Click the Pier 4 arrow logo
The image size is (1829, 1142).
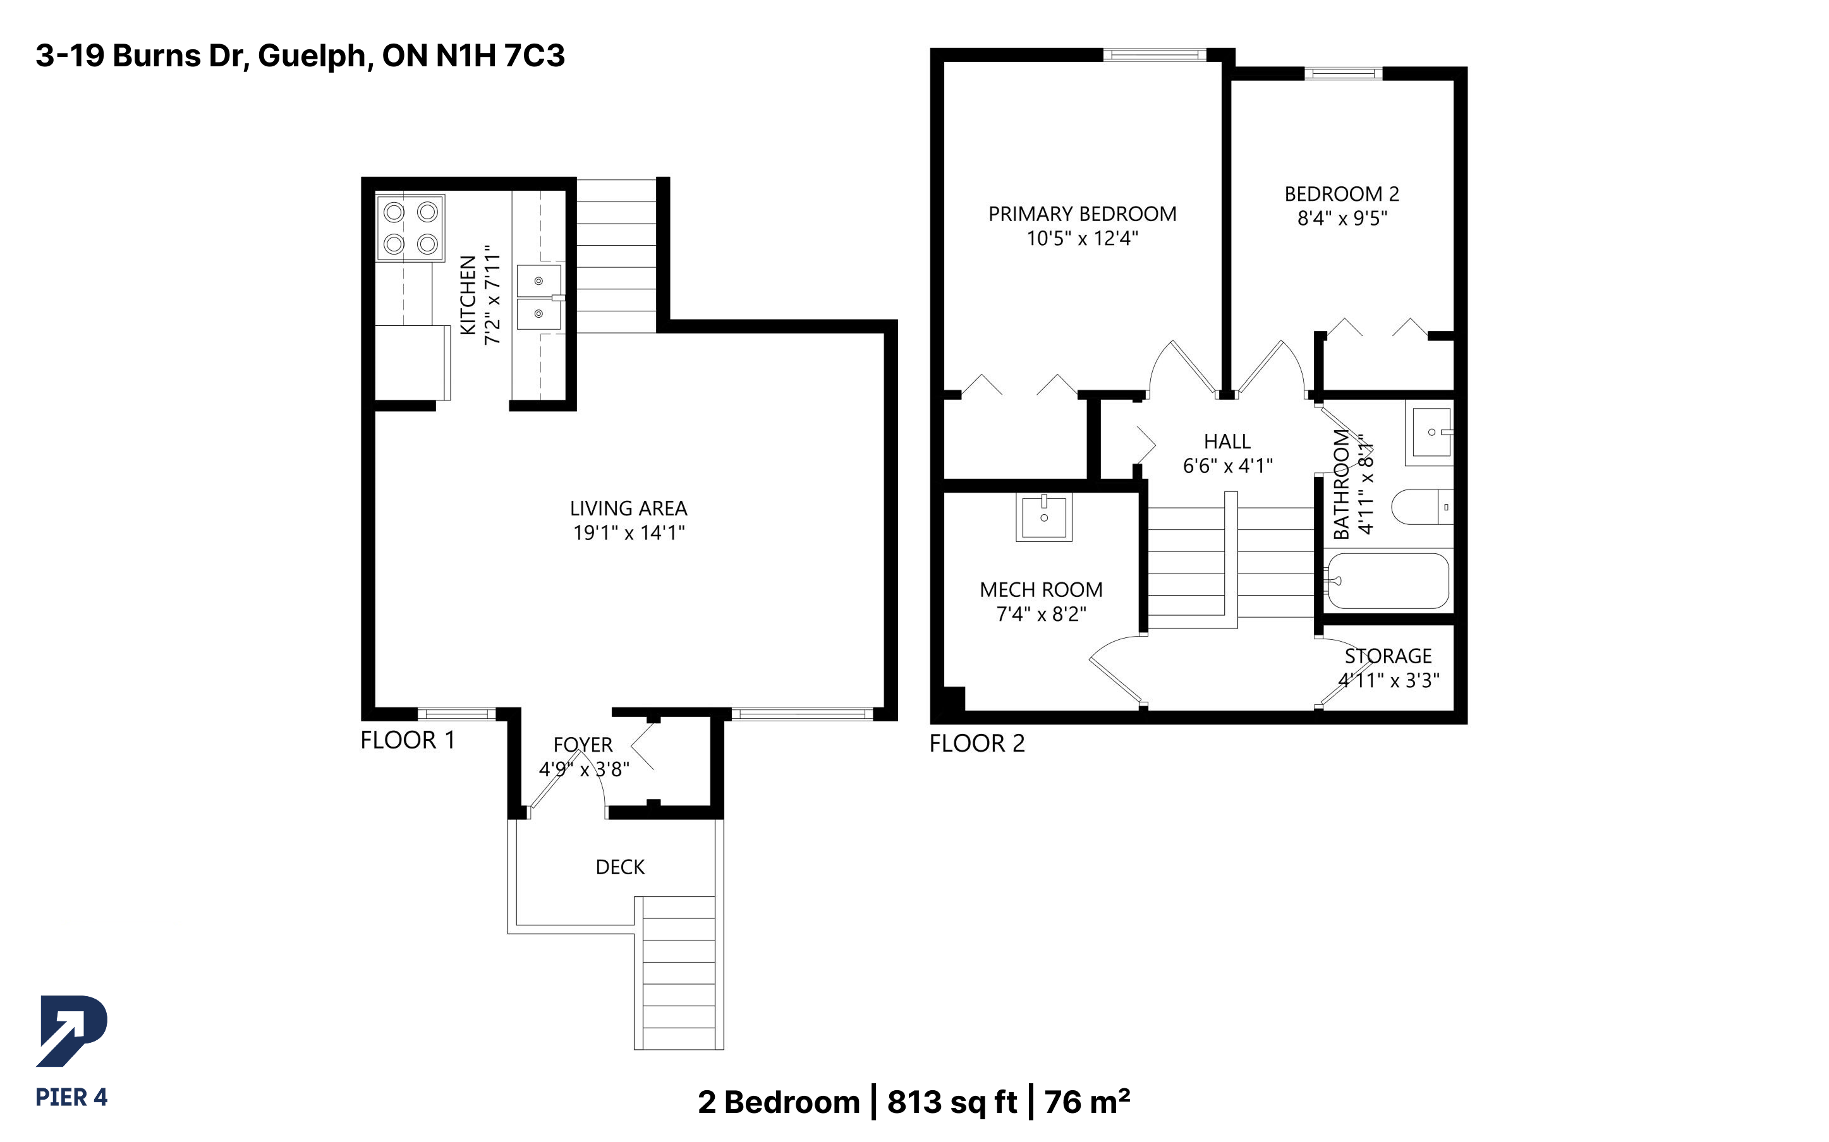click(x=72, y=1031)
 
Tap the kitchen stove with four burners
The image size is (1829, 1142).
click(x=410, y=228)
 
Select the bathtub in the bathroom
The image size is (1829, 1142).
click(x=1388, y=581)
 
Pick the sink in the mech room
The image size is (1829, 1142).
click(x=1044, y=517)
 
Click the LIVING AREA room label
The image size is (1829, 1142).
click(x=629, y=508)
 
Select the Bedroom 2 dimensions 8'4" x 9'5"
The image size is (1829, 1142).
click(x=1342, y=219)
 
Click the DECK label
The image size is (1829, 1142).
click(x=620, y=867)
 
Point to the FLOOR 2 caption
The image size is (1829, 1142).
click(x=977, y=743)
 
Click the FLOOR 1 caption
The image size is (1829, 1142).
click(x=408, y=740)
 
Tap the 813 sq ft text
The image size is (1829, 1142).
click(x=952, y=1102)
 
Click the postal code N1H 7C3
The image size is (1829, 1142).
click(x=500, y=56)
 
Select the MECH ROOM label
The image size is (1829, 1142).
click(x=1041, y=590)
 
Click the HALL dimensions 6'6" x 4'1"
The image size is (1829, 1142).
click(x=1227, y=466)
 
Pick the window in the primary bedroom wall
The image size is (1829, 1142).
click(x=1155, y=54)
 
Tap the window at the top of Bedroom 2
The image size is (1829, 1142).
click(x=1343, y=73)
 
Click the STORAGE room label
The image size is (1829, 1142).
click(x=1388, y=656)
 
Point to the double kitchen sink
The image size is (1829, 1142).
click(x=539, y=297)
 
